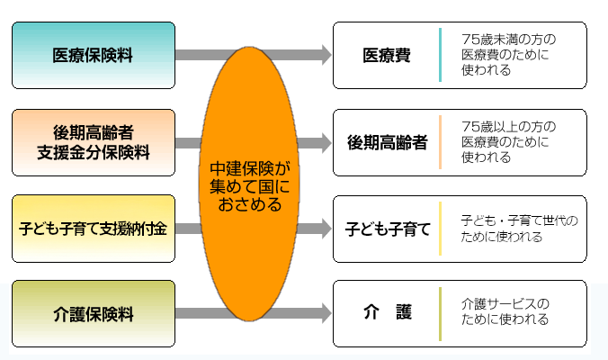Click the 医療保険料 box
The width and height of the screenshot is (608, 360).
pos(94,56)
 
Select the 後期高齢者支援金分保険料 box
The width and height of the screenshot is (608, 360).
pos(94,142)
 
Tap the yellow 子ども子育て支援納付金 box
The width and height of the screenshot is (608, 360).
pos(94,229)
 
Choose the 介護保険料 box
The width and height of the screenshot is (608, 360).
pos(94,314)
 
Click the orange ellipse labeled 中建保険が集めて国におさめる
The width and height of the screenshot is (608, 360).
pos(249,187)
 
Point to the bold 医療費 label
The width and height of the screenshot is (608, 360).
pos(387,56)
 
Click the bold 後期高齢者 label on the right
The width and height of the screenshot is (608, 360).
pos(387,142)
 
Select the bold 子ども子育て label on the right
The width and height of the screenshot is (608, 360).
pos(388,229)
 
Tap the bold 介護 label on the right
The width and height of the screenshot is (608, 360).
pos(387,313)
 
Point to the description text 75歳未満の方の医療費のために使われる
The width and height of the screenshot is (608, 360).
pos(508,55)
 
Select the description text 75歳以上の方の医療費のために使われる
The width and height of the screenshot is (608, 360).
pos(508,141)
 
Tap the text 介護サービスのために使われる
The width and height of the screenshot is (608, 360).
pos(505,311)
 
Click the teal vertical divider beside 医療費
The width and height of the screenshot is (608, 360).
pos(441,55)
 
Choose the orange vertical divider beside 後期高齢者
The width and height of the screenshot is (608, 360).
pos(441,142)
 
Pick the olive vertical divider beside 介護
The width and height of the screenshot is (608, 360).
pos(441,313)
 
